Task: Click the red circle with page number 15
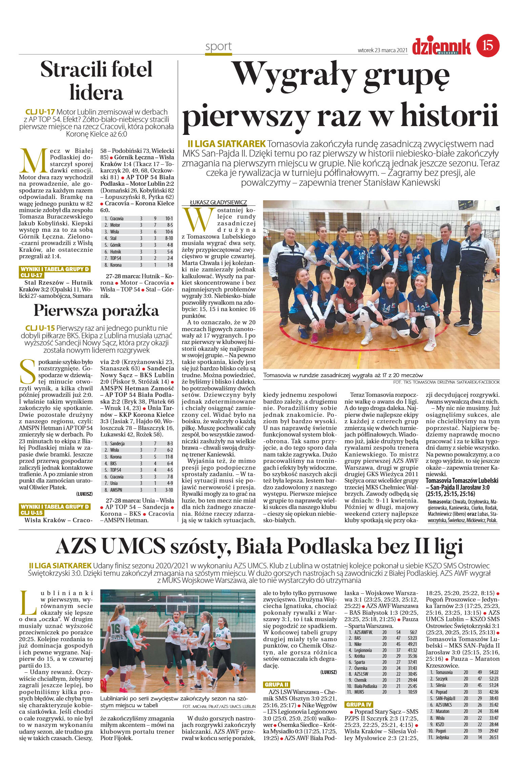click(x=488, y=45)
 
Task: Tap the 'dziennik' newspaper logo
click(x=441, y=46)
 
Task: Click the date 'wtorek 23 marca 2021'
click(x=382, y=50)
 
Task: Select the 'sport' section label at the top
click(x=219, y=46)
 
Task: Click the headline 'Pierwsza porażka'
click(x=96, y=310)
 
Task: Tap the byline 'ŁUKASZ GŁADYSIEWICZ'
click(x=219, y=202)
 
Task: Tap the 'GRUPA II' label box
click(x=277, y=685)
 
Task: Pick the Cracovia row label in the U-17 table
click(x=117, y=219)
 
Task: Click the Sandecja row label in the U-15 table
click(x=117, y=444)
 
